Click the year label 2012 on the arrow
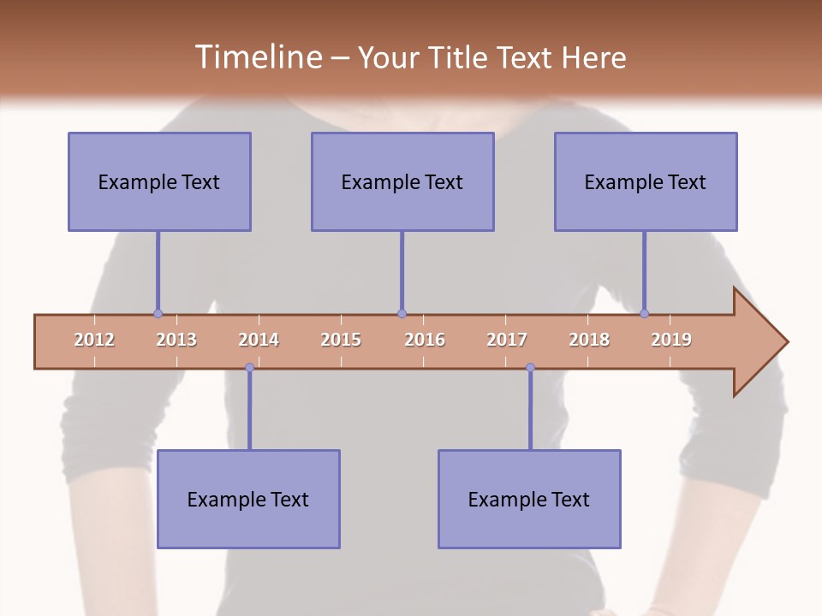94,340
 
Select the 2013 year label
176,340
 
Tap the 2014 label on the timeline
259,340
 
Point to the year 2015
341,340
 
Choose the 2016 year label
425,340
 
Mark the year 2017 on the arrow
507,340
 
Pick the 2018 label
589,340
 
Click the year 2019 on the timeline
671,340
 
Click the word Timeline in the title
258,57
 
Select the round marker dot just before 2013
158,313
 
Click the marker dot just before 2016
402,313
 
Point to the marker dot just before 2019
645,313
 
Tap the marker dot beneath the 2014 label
249,368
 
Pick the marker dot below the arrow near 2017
530,368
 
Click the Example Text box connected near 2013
159,181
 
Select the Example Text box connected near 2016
402,181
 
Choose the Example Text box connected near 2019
646,181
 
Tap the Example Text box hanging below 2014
248,499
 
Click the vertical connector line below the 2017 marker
530,411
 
